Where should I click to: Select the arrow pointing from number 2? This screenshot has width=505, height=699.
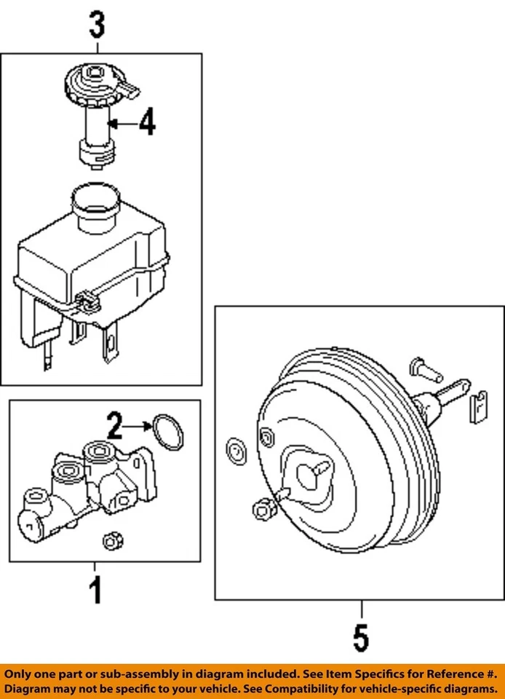[x=138, y=423]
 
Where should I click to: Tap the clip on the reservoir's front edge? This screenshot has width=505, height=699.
[x=87, y=299]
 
